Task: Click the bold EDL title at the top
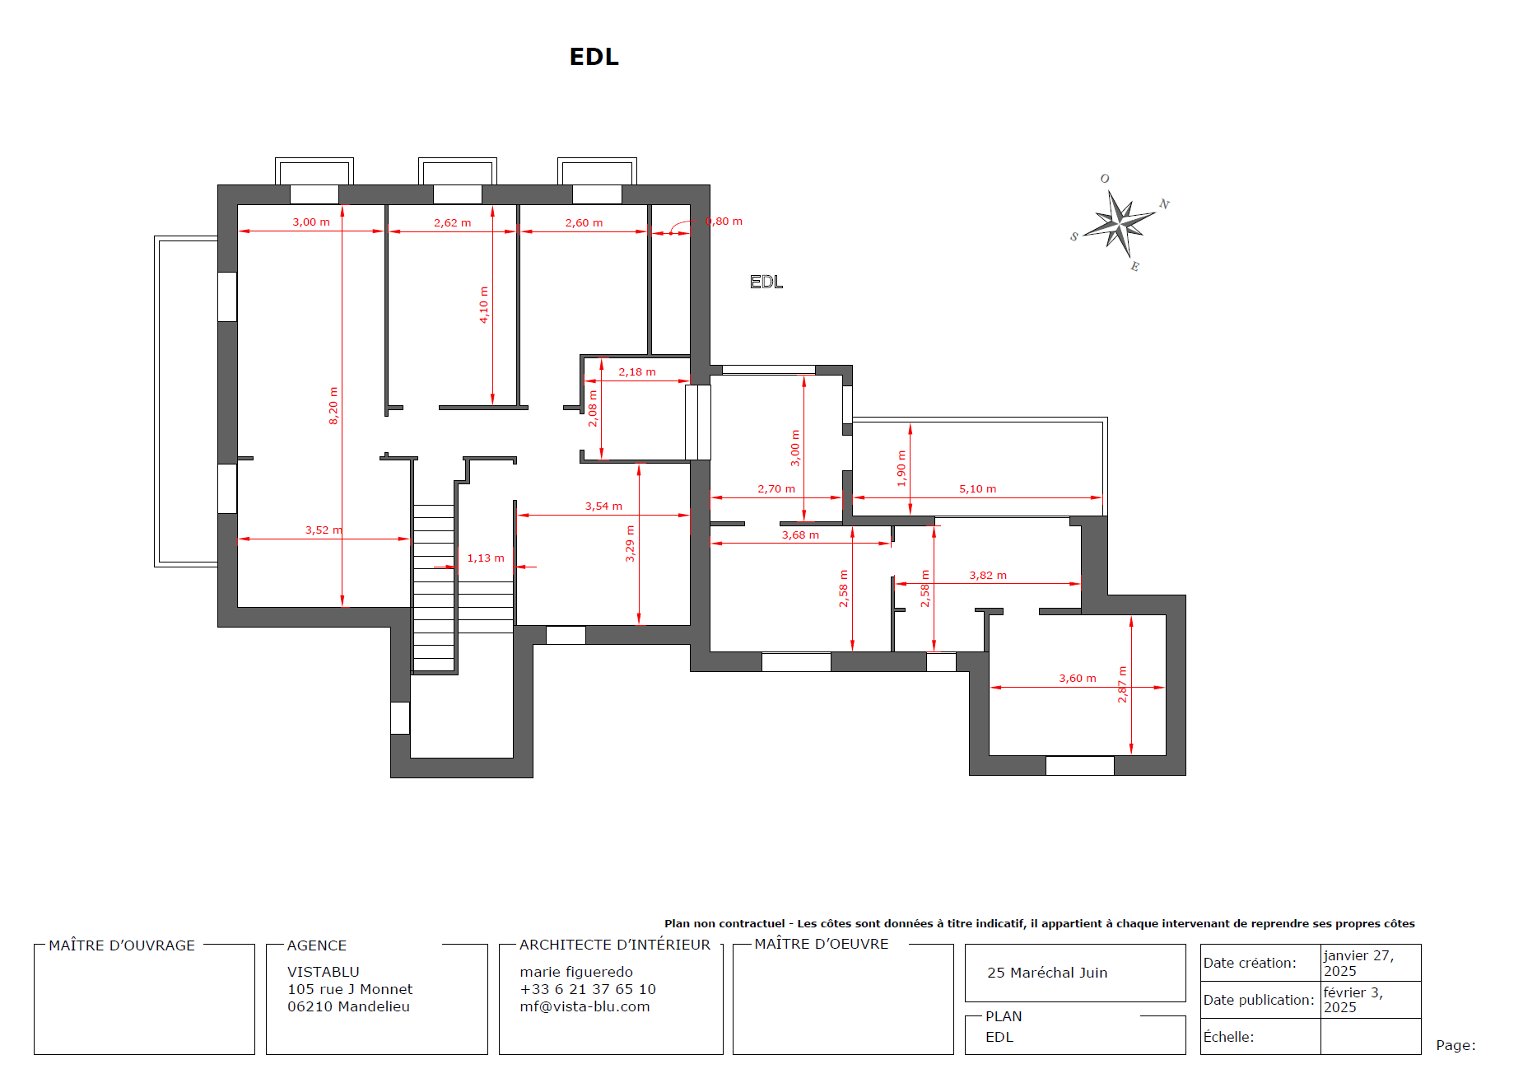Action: coord(594,57)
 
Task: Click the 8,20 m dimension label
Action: coord(333,406)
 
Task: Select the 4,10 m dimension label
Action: coord(484,305)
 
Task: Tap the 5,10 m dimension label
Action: coord(977,489)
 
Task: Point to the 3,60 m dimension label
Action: coord(1077,679)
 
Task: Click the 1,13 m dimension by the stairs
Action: coord(486,558)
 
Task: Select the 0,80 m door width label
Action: coord(724,222)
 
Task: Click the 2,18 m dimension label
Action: coord(637,372)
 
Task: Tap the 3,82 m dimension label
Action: coord(988,576)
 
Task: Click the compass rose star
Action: coord(1119,222)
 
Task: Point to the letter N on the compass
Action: coord(1164,204)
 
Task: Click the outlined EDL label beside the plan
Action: coord(766,282)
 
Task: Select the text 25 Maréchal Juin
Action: coord(1047,973)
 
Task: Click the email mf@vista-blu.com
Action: coord(585,1006)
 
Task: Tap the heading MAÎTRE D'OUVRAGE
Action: coord(122,945)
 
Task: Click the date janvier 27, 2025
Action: coord(1358,963)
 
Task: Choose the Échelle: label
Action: coord(1228,1037)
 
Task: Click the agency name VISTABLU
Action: coord(323,972)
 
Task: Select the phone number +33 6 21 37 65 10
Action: coord(588,989)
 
